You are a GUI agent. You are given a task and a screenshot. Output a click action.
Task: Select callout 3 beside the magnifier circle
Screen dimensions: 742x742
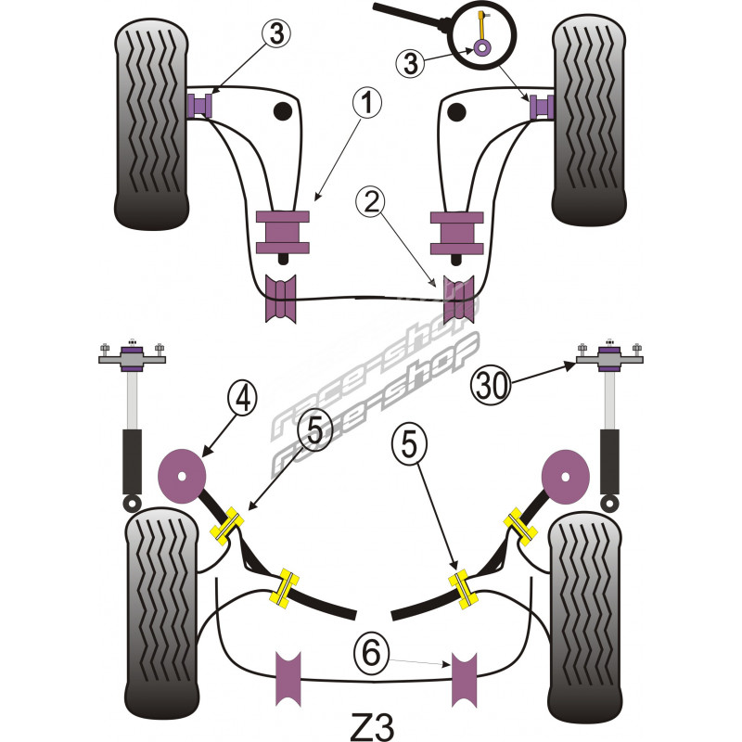(411, 64)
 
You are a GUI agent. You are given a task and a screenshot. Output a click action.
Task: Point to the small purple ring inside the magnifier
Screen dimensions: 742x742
(482, 48)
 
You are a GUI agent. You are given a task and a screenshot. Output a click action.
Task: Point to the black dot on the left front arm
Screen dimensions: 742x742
(281, 112)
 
